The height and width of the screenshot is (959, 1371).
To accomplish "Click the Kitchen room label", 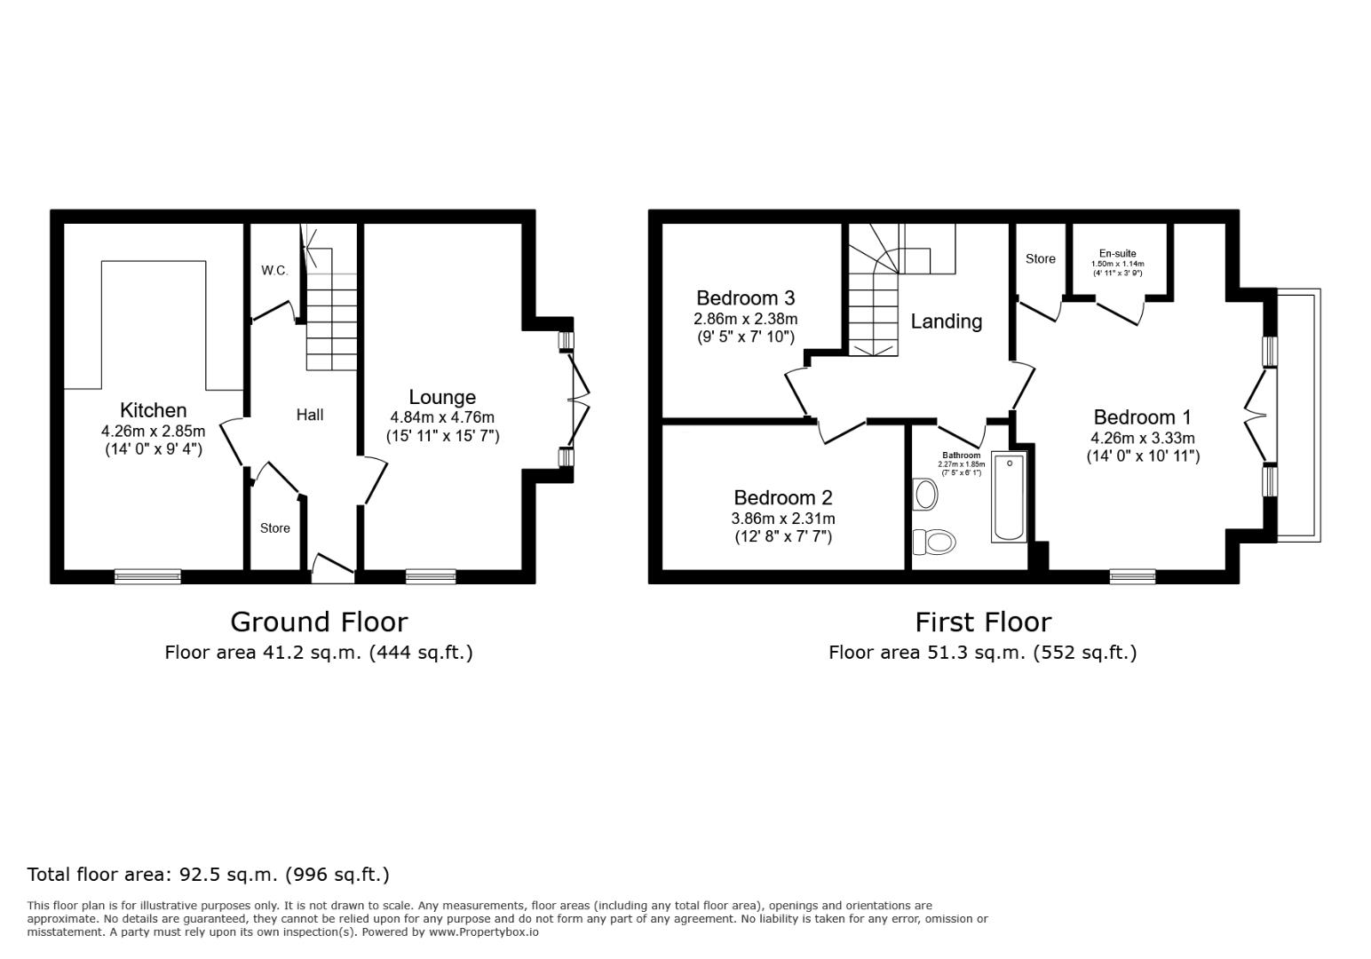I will click(153, 410).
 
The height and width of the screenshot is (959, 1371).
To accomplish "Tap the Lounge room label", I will click(442, 397).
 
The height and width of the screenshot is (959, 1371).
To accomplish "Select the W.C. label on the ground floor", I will click(274, 271).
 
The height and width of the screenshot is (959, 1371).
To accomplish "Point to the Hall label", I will click(310, 415).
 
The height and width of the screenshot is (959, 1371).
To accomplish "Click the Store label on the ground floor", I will click(275, 528).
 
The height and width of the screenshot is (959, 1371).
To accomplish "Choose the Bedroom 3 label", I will click(745, 298).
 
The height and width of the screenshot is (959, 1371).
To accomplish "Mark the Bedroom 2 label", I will click(782, 498).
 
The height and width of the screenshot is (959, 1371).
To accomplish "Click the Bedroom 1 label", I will click(1142, 417).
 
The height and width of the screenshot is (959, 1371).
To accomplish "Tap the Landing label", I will click(947, 321).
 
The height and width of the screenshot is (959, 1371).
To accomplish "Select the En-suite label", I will click(1117, 253).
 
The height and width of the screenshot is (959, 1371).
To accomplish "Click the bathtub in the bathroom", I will click(1009, 496).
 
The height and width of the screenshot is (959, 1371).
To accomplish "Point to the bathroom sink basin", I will click(926, 495).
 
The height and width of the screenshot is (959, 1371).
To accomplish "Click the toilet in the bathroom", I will click(935, 541).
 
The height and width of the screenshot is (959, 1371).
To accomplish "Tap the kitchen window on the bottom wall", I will click(147, 577).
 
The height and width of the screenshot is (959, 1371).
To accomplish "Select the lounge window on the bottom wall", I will click(431, 577).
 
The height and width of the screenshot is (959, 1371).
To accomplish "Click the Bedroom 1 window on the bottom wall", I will click(1132, 577).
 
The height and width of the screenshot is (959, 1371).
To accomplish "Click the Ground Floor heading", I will click(319, 622).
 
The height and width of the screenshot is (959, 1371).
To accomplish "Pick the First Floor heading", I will click(983, 622).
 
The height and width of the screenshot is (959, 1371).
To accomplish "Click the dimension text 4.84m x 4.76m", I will click(442, 417).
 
